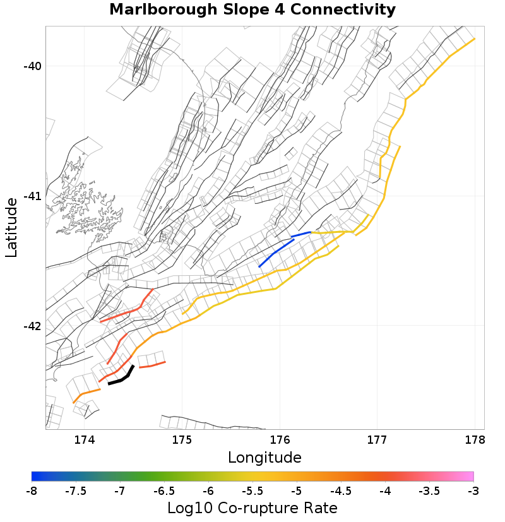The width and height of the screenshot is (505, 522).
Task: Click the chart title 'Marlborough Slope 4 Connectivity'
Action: [x=252, y=10]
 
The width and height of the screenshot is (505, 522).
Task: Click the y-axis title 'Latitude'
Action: [x=11, y=227]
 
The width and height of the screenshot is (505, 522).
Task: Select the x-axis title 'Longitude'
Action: [x=264, y=457]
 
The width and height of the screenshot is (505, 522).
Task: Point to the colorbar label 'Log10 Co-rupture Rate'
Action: [x=252, y=507]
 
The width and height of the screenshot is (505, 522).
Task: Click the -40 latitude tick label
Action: [x=32, y=67]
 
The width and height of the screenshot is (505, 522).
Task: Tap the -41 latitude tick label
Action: [x=32, y=196]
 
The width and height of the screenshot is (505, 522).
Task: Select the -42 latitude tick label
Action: [x=32, y=326]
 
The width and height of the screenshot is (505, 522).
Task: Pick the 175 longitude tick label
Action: [x=182, y=439]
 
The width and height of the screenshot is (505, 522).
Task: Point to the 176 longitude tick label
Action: [x=280, y=439]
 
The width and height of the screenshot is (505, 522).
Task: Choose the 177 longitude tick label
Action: [x=377, y=439]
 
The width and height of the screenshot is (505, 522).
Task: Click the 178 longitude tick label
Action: [x=475, y=439]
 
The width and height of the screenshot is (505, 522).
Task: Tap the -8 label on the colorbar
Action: [x=32, y=490]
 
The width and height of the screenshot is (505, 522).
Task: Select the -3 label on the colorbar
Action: [x=473, y=490]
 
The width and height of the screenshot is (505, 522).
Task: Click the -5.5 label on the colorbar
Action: [x=252, y=490]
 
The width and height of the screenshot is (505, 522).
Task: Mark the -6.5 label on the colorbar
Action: [x=164, y=490]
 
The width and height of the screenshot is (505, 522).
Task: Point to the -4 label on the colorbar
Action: [x=385, y=490]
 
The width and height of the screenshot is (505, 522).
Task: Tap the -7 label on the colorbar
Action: [x=120, y=490]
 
